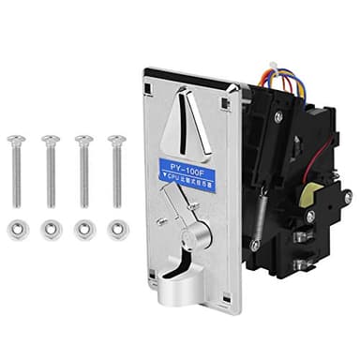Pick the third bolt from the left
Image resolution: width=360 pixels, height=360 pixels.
(83, 169)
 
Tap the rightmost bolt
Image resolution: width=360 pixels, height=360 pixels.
(116, 169)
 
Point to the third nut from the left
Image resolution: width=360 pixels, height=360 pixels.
(84, 228)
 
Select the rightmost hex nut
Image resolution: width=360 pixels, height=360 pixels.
(117, 228)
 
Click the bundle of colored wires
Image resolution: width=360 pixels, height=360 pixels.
(281, 79)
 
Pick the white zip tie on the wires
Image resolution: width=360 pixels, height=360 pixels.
(272, 67)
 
